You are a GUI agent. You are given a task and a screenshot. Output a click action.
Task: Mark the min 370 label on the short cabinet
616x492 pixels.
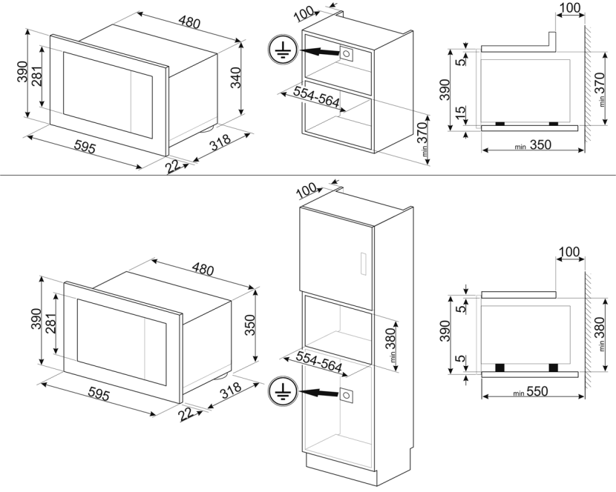tap(425, 138)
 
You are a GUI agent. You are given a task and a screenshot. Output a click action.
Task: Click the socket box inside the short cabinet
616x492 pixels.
tap(346, 53)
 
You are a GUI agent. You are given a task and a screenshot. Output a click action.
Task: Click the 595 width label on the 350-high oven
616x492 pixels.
tap(93, 393)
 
